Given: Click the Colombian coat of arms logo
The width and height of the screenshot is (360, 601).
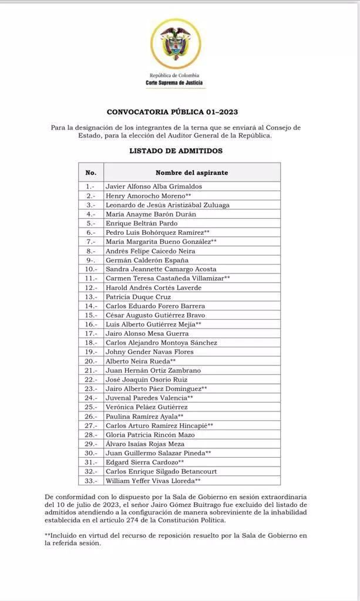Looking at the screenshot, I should click(x=174, y=43).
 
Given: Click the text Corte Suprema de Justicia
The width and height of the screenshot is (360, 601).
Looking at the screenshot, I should click(x=174, y=83).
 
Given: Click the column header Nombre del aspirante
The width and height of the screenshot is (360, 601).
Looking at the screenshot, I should click(x=191, y=173).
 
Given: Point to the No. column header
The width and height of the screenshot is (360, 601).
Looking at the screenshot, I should click(x=90, y=173).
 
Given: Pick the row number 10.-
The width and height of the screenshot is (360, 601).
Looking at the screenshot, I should click(x=90, y=269).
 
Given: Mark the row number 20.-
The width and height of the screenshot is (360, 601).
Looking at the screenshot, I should click(x=90, y=361).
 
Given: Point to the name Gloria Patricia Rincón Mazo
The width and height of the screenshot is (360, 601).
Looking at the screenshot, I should click(x=150, y=434).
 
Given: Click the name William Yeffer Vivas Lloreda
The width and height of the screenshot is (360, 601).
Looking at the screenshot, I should click(x=153, y=481).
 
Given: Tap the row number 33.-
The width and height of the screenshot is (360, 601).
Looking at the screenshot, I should click(x=90, y=481).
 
